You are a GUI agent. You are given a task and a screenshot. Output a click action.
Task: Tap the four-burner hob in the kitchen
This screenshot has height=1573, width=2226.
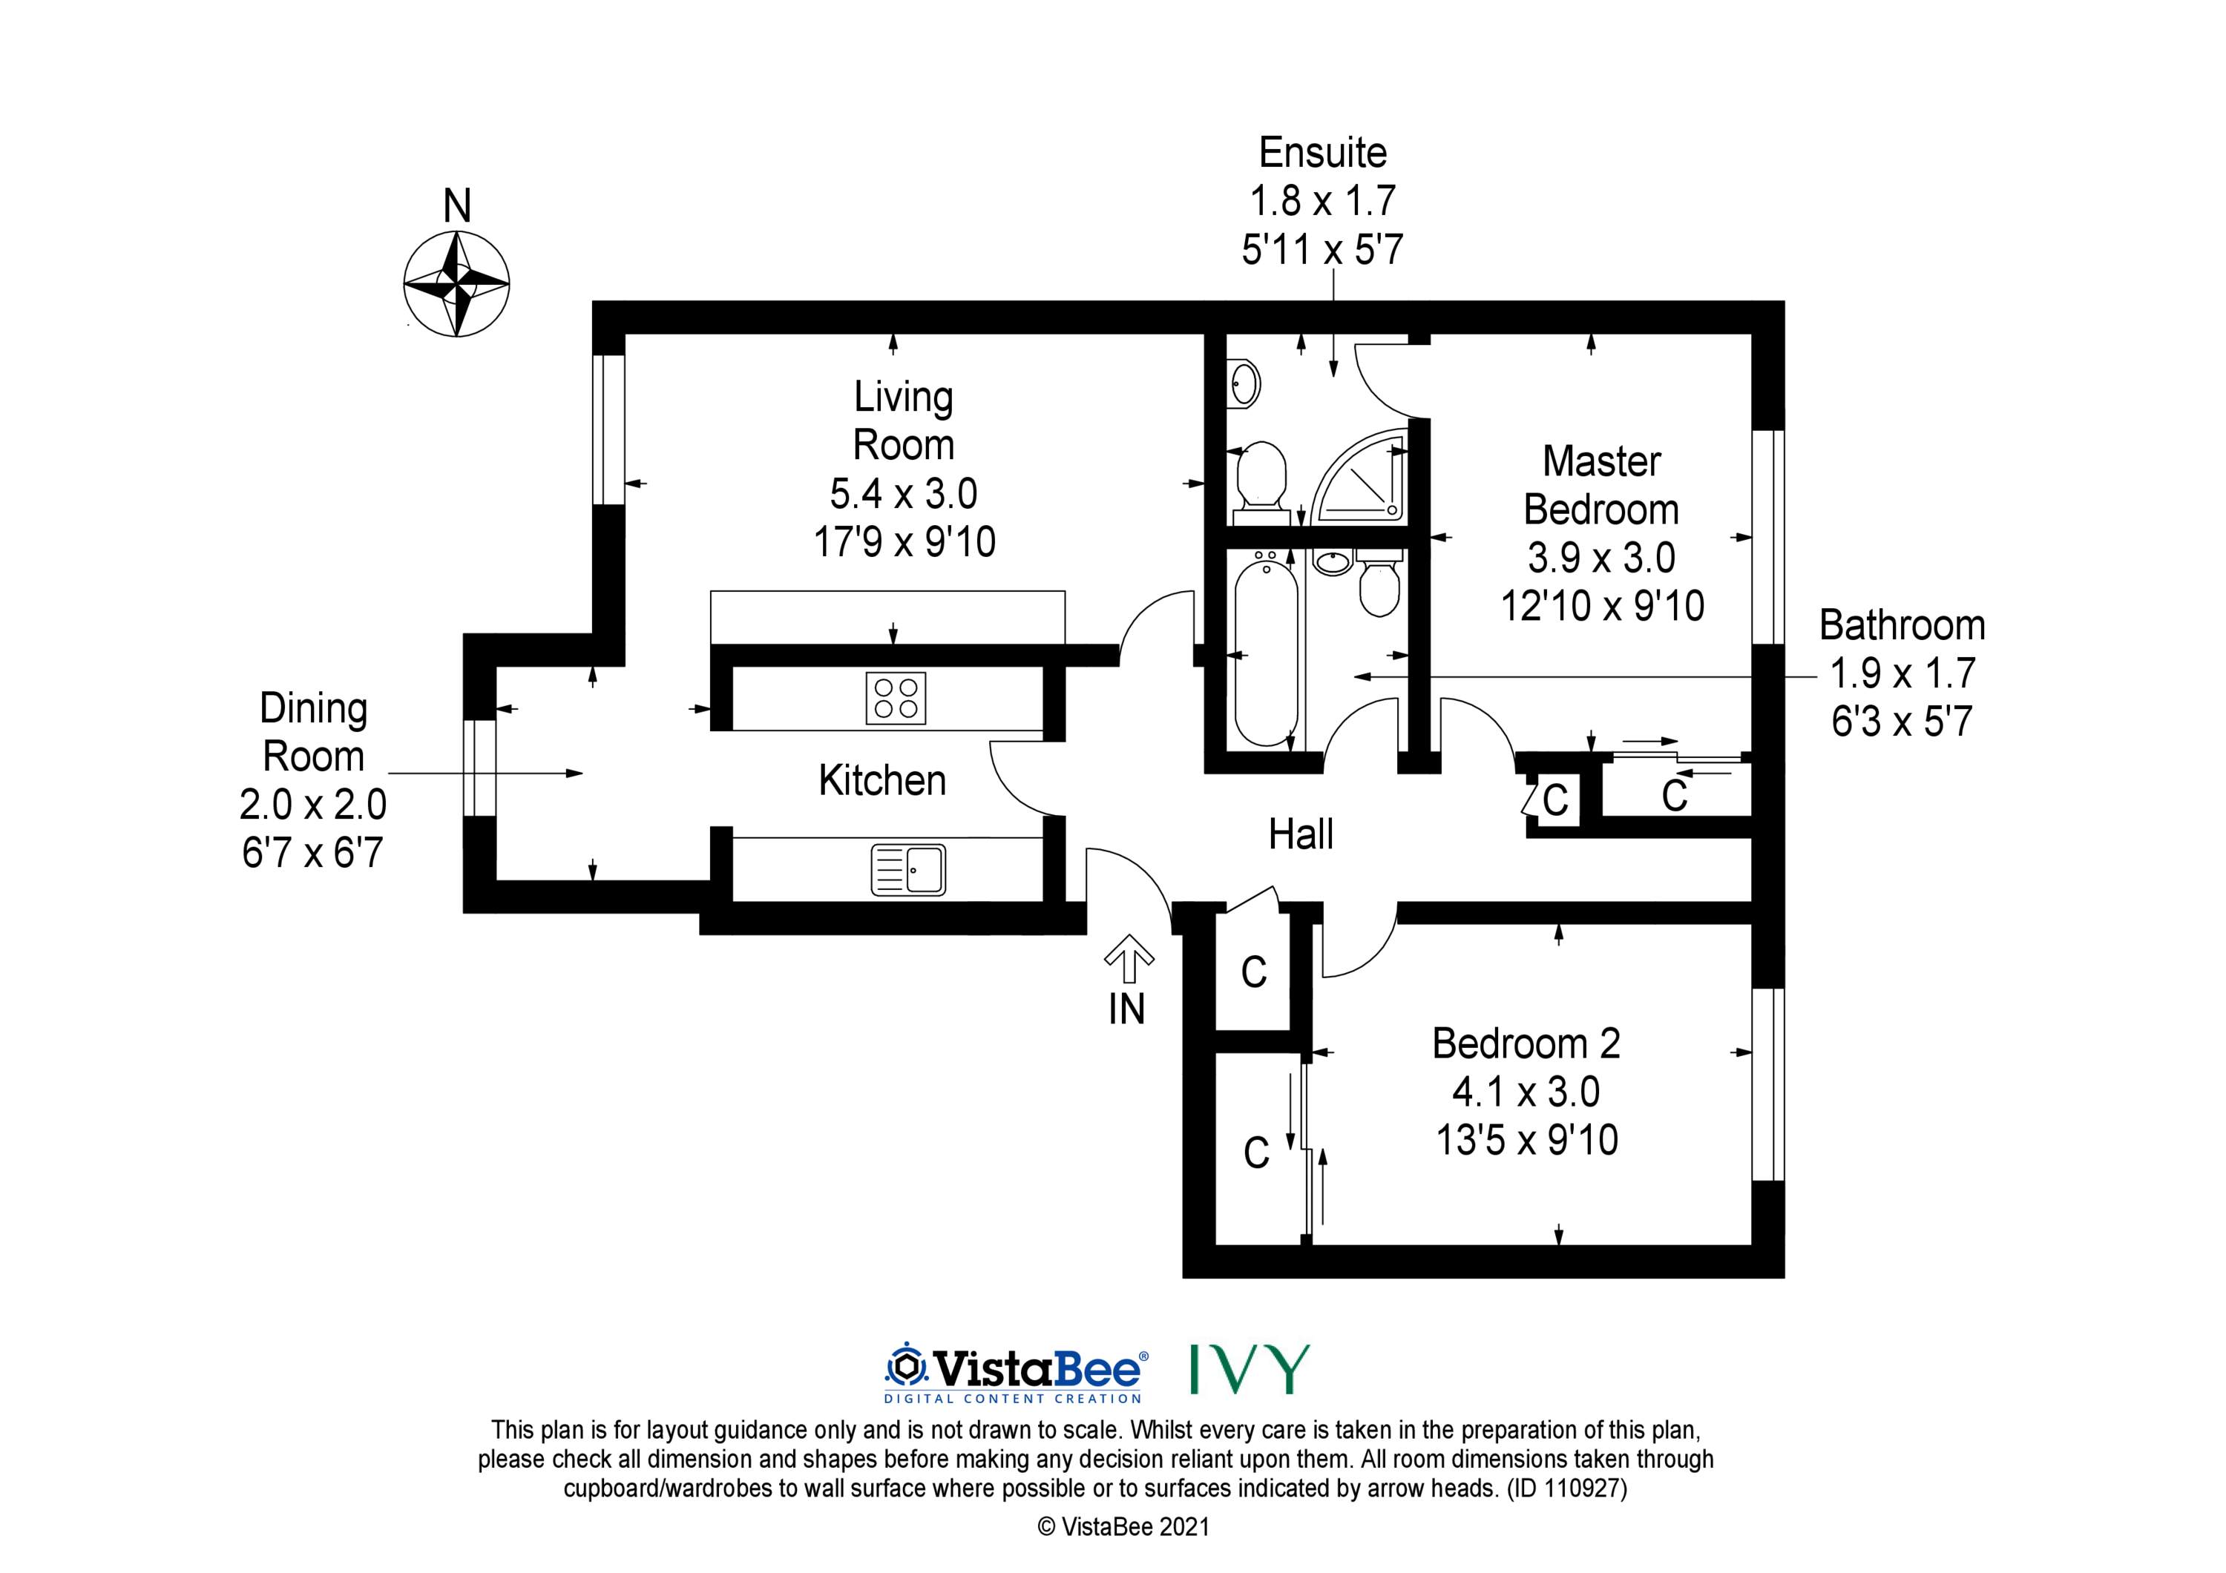pos(896,698)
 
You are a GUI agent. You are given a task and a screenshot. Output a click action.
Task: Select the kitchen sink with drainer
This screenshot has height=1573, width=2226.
pos(908,869)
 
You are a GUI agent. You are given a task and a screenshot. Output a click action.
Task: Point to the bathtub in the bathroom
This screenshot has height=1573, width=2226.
pos(1265,650)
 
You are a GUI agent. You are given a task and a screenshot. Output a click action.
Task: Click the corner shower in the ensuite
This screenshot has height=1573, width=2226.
pos(1356,478)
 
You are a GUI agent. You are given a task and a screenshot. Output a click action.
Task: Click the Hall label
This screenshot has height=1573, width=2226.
pos(1301,834)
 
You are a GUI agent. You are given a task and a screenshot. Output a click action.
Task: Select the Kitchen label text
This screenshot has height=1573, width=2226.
pos(882,780)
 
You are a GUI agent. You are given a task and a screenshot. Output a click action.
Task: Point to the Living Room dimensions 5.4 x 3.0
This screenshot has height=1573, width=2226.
pos(904,493)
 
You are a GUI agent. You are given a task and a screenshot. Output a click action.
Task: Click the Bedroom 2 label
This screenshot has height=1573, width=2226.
pos(1526,1043)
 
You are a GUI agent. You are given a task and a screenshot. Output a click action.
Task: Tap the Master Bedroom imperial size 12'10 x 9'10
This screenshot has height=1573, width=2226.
pos(1603,606)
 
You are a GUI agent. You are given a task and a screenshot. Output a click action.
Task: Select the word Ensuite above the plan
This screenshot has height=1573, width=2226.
pos(1322,152)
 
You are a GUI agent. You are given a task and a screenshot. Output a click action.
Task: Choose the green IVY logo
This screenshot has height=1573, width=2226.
pos(1250,1368)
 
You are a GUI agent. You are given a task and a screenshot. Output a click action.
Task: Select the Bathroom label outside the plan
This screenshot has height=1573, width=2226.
pos(1901,625)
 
